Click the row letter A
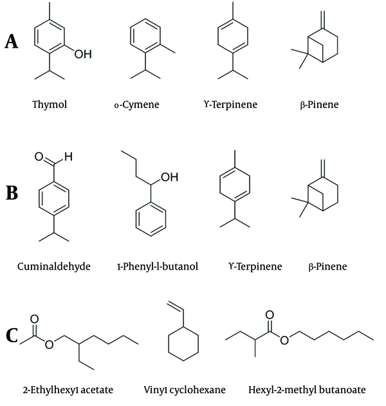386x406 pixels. click(12, 42)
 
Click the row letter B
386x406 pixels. click(12, 192)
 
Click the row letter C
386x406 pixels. click(12, 335)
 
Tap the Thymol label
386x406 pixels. click(50, 105)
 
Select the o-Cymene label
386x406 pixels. click(136, 105)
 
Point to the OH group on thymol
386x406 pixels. click(83, 54)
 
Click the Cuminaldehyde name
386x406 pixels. click(54, 266)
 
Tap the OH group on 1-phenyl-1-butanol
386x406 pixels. click(170, 177)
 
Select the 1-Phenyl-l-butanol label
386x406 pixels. click(158, 266)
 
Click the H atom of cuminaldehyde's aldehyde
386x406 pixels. click(68, 156)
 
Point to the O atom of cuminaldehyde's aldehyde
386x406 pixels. click(39, 156)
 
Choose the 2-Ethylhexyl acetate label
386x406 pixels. click(68, 390)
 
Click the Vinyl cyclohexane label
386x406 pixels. click(185, 390)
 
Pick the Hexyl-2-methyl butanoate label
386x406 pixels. click(307, 390)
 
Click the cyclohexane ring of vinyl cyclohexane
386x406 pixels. click(169, 344)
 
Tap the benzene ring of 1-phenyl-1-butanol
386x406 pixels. click(136, 219)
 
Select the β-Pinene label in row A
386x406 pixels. click(319, 105)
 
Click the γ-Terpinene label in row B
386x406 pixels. click(255, 266)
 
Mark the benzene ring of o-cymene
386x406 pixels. click(130, 36)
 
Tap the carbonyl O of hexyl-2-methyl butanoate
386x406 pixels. click(270, 315)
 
